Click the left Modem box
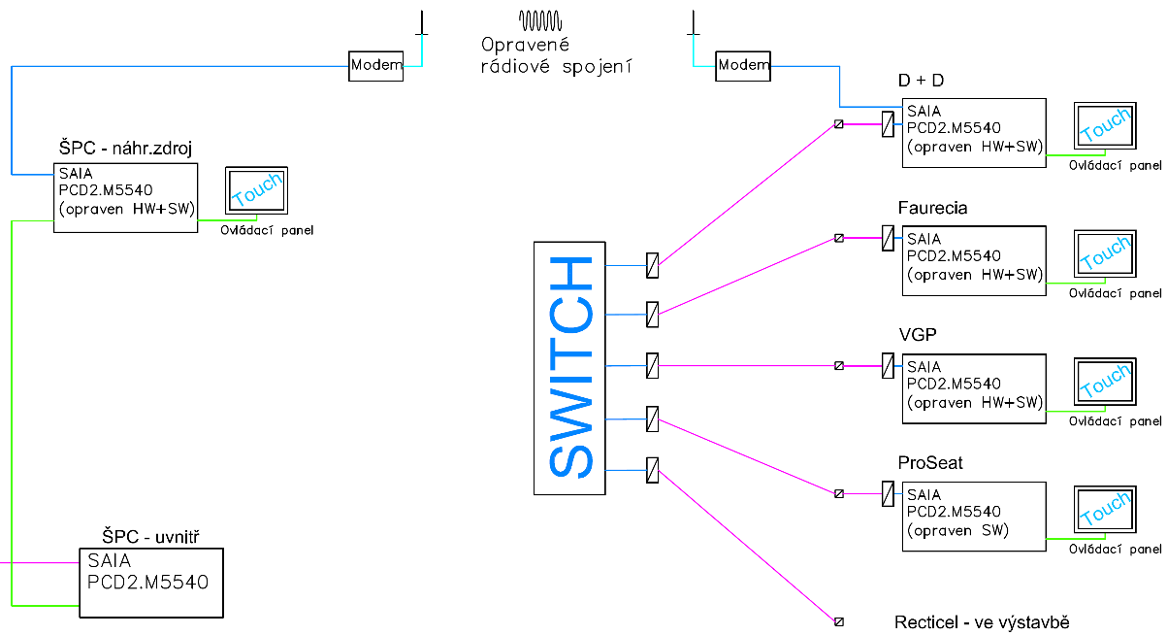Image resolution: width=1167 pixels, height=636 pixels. click(x=376, y=66)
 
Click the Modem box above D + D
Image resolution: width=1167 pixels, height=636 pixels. click(x=743, y=65)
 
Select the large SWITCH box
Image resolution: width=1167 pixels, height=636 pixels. click(x=569, y=367)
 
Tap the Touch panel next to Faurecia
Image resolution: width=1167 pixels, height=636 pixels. click(x=1104, y=257)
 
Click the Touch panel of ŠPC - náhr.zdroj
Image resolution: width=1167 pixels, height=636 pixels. click(x=256, y=190)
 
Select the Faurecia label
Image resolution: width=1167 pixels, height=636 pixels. click(x=933, y=208)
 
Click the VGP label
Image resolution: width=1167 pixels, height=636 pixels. click(x=918, y=335)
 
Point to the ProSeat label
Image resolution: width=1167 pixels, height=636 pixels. click(x=930, y=462)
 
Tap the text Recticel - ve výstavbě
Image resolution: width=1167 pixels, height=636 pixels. click(x=981, y=621)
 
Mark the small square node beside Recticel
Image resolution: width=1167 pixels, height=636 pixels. click(x=839, y=621)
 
